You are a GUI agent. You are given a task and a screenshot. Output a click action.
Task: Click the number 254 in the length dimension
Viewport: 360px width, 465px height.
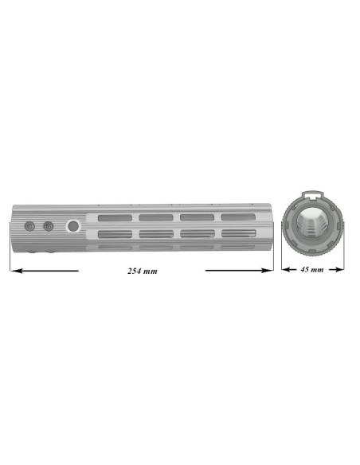click(135, 272)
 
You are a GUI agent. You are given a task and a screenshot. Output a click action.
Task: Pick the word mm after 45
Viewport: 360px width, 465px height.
click(318, 270)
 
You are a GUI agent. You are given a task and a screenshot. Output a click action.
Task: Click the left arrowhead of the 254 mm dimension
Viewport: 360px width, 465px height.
click(14, 271)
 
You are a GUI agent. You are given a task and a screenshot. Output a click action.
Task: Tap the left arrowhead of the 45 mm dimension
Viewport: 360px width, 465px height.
click(285, 270)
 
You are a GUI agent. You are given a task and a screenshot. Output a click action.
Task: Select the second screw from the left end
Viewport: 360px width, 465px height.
click(48, 226)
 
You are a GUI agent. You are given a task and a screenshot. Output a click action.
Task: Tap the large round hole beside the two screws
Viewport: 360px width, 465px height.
click(73, 227)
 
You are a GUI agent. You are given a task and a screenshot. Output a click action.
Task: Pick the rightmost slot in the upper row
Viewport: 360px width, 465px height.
click(237, 217)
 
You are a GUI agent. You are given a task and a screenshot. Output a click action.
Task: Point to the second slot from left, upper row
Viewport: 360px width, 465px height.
click(154, 217)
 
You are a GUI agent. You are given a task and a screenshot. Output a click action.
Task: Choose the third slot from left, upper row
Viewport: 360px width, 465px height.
click(195, 217)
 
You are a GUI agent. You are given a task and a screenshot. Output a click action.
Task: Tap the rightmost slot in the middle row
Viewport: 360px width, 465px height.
click(237, 233)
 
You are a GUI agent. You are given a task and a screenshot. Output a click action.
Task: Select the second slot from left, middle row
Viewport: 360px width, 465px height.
click(154, 234)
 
